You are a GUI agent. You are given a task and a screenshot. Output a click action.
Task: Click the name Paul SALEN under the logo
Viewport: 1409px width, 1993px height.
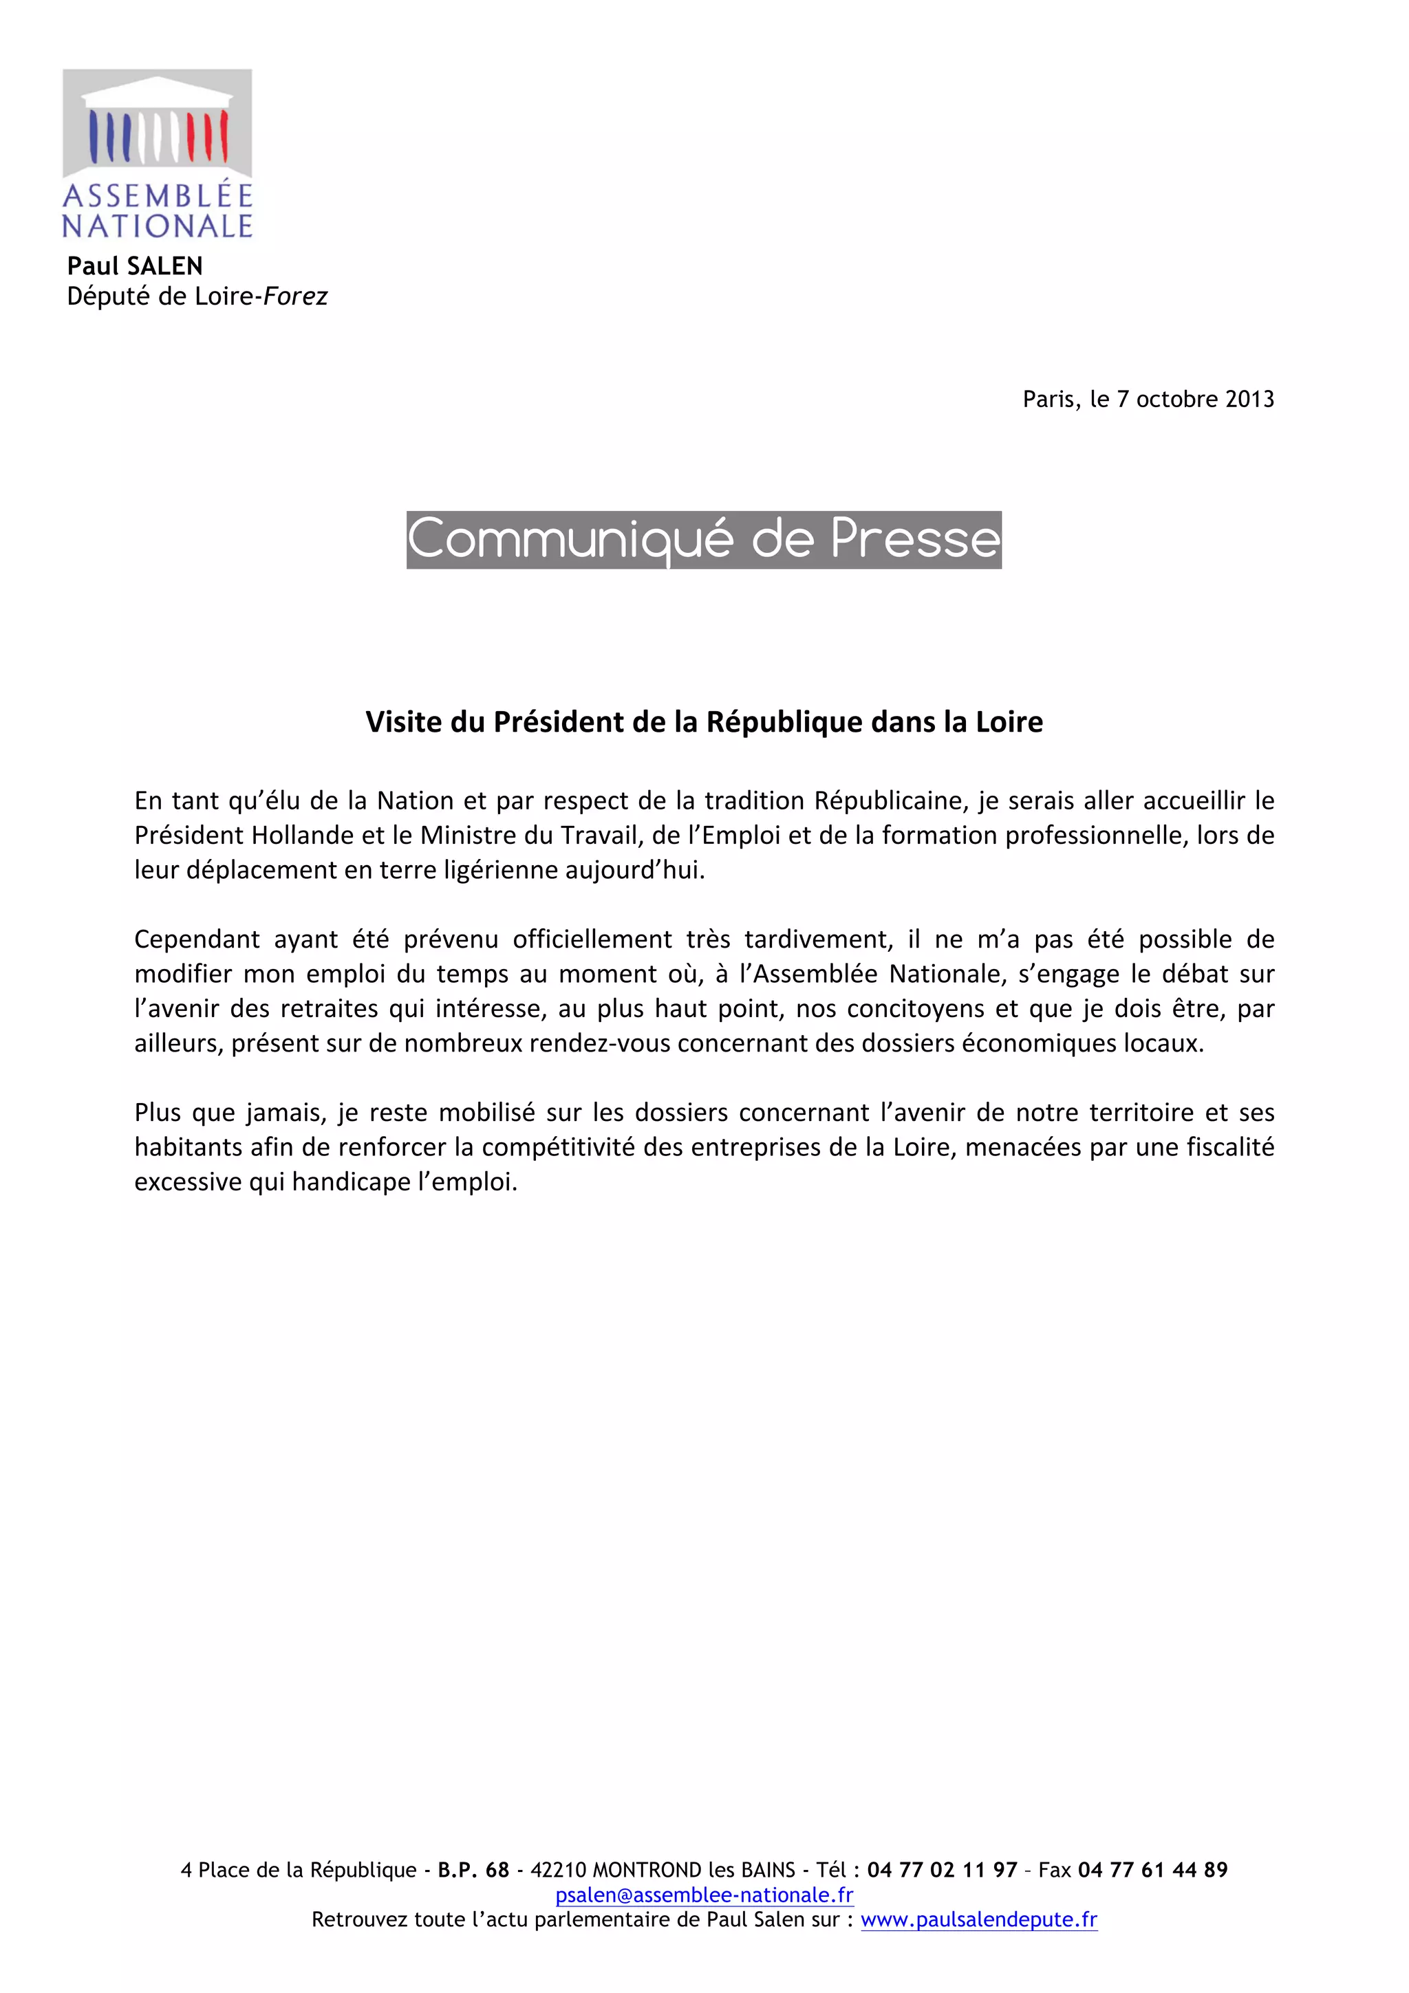pyautogui.click(x=135, y=265)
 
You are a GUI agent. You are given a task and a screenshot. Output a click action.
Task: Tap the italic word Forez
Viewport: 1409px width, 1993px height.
pyautogui.click(x=295, y=297)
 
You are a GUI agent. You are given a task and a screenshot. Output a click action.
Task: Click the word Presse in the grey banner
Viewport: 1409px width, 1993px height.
pyautogui.click(x=915, y=539)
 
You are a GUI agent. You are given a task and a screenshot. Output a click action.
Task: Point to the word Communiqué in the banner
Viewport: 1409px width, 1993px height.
pyautogui.click(x=571, y=539)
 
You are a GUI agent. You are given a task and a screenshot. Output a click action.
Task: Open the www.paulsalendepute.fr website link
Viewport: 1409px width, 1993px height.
pyautogui.click(x=978, y=1919)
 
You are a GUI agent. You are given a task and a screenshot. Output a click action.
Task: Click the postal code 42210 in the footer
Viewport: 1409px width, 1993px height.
pyautogui.click(x=558, y=1870)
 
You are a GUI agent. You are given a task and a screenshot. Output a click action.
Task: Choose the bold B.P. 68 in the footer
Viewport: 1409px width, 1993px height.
pyautogui.click(x=473, y=1870)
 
